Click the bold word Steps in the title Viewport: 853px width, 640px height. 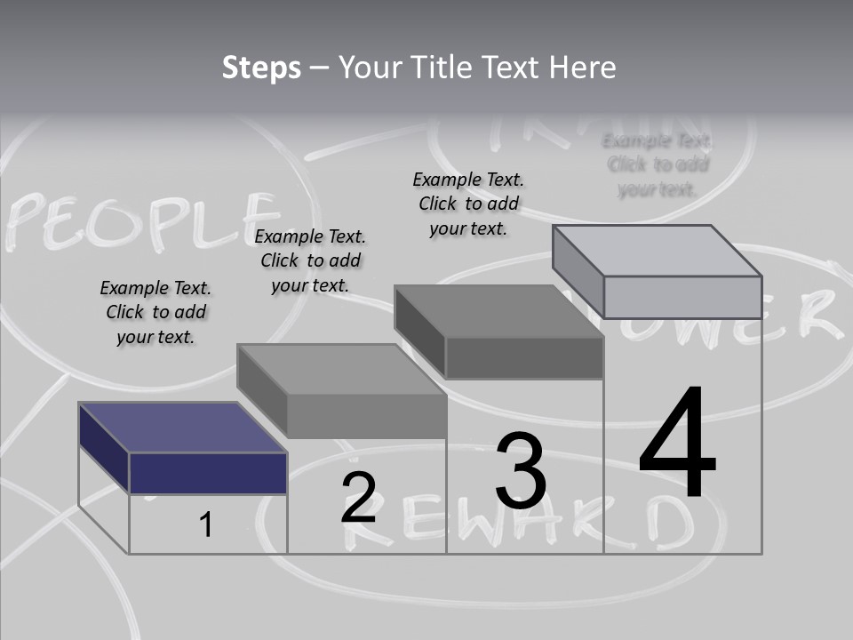click(x=261, y=68)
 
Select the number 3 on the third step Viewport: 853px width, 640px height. click(x=521, y=471)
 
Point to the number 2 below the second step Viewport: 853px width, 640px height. click(x=359, y=498)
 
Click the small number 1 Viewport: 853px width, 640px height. click(x=206, y=525)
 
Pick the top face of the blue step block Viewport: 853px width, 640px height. click(x=183, y=428)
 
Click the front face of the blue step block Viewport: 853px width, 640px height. click(x=208, y=473)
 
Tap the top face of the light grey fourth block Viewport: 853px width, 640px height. click(x=658, y=250)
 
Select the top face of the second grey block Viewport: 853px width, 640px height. click(x=341, y=369)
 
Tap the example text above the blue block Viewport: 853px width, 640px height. click(x=155, y=312)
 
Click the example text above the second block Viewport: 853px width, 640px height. click(x=310, y=260)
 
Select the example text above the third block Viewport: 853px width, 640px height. click(x=468, y=204)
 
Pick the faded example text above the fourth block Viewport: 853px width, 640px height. click(x=658, y=164)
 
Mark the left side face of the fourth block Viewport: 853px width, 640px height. click(x=578, y=271)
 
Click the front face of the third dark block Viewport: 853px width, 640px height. click(x=524, y=358)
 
